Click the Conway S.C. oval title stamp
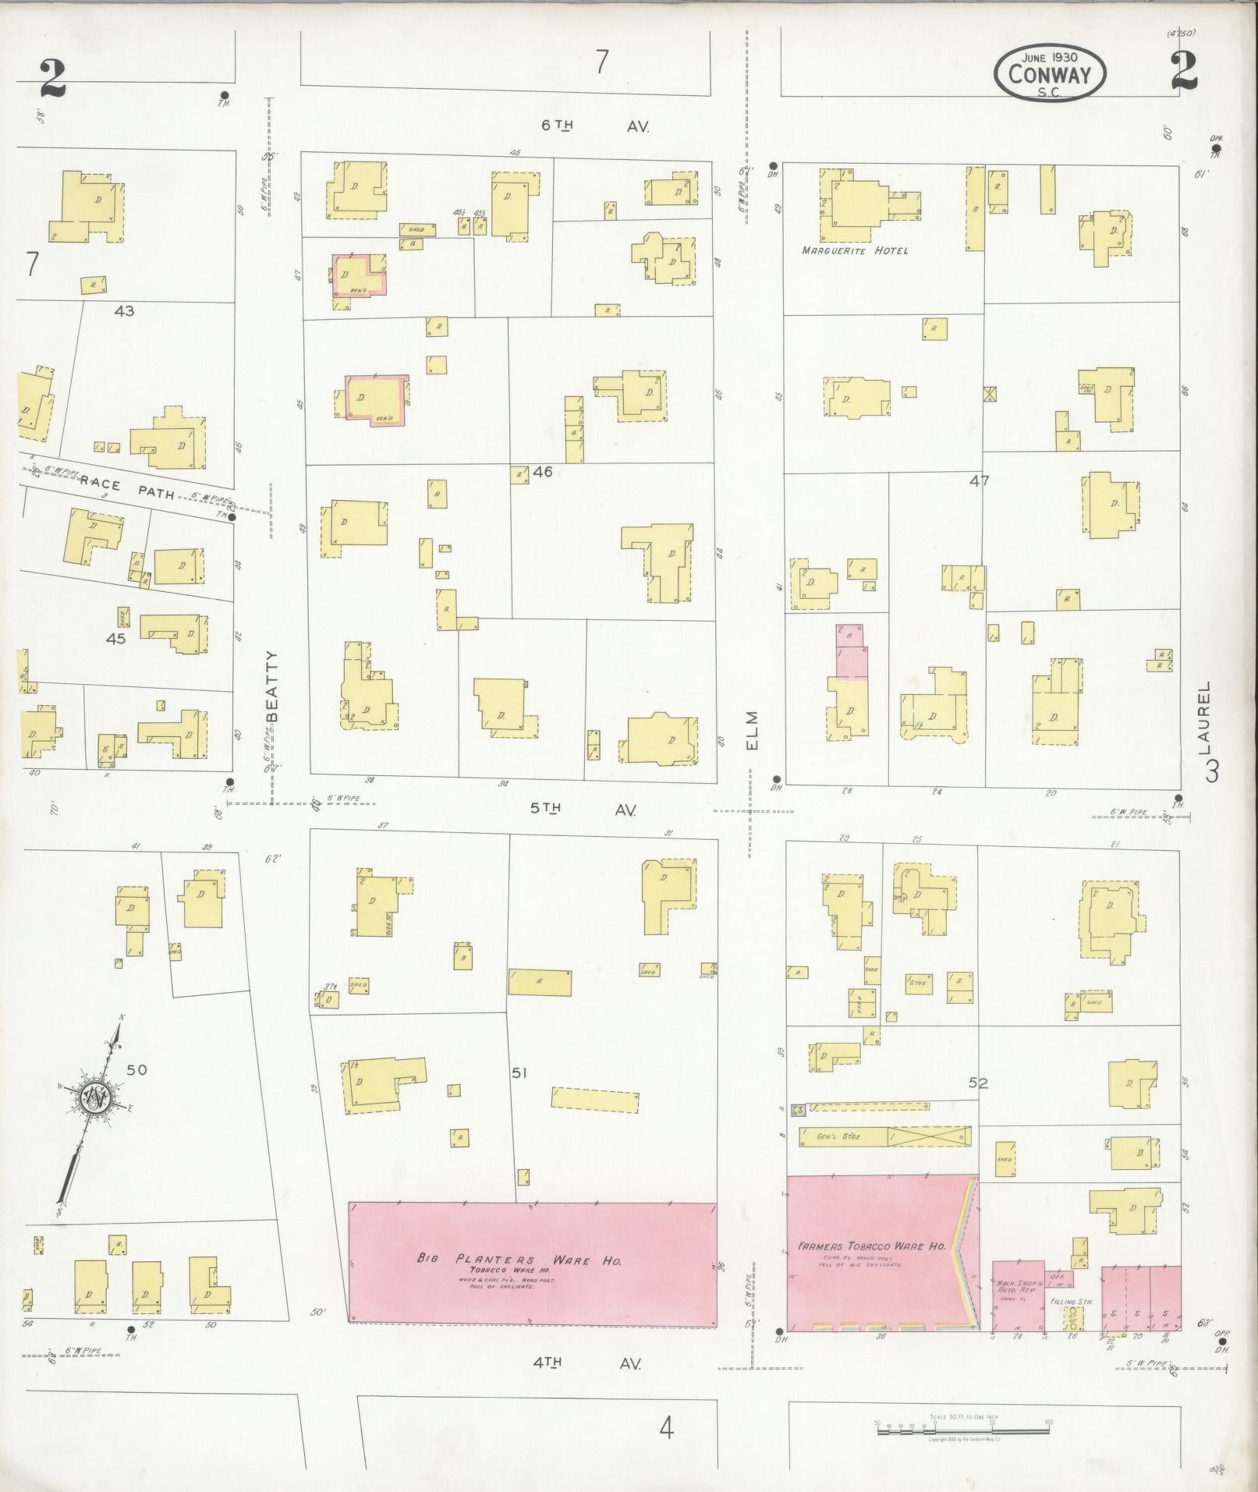point(1050,73)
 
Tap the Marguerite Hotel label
point(855,251)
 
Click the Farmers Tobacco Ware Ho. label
point(872,1246)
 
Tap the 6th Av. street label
point(595,126)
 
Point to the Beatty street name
point(272,688)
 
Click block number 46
point(542,472)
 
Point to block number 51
point(519,1073)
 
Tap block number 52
point(978,1083)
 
